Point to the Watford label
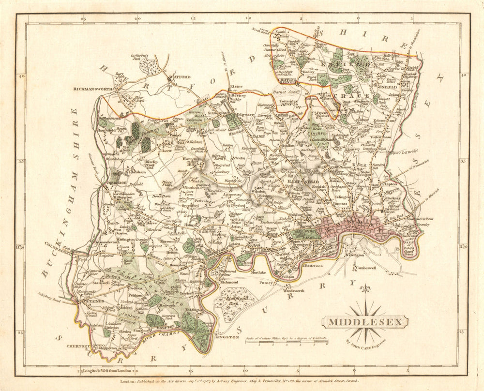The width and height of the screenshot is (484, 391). (x=177, y=77)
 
